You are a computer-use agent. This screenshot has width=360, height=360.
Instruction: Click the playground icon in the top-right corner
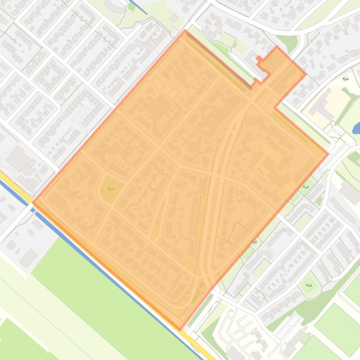point(345,79)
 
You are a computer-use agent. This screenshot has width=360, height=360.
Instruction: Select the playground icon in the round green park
point(309,285)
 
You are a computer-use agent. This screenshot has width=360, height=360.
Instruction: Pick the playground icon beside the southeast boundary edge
point(255,242)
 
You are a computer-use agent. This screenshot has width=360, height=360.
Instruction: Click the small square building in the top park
point(174,18)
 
